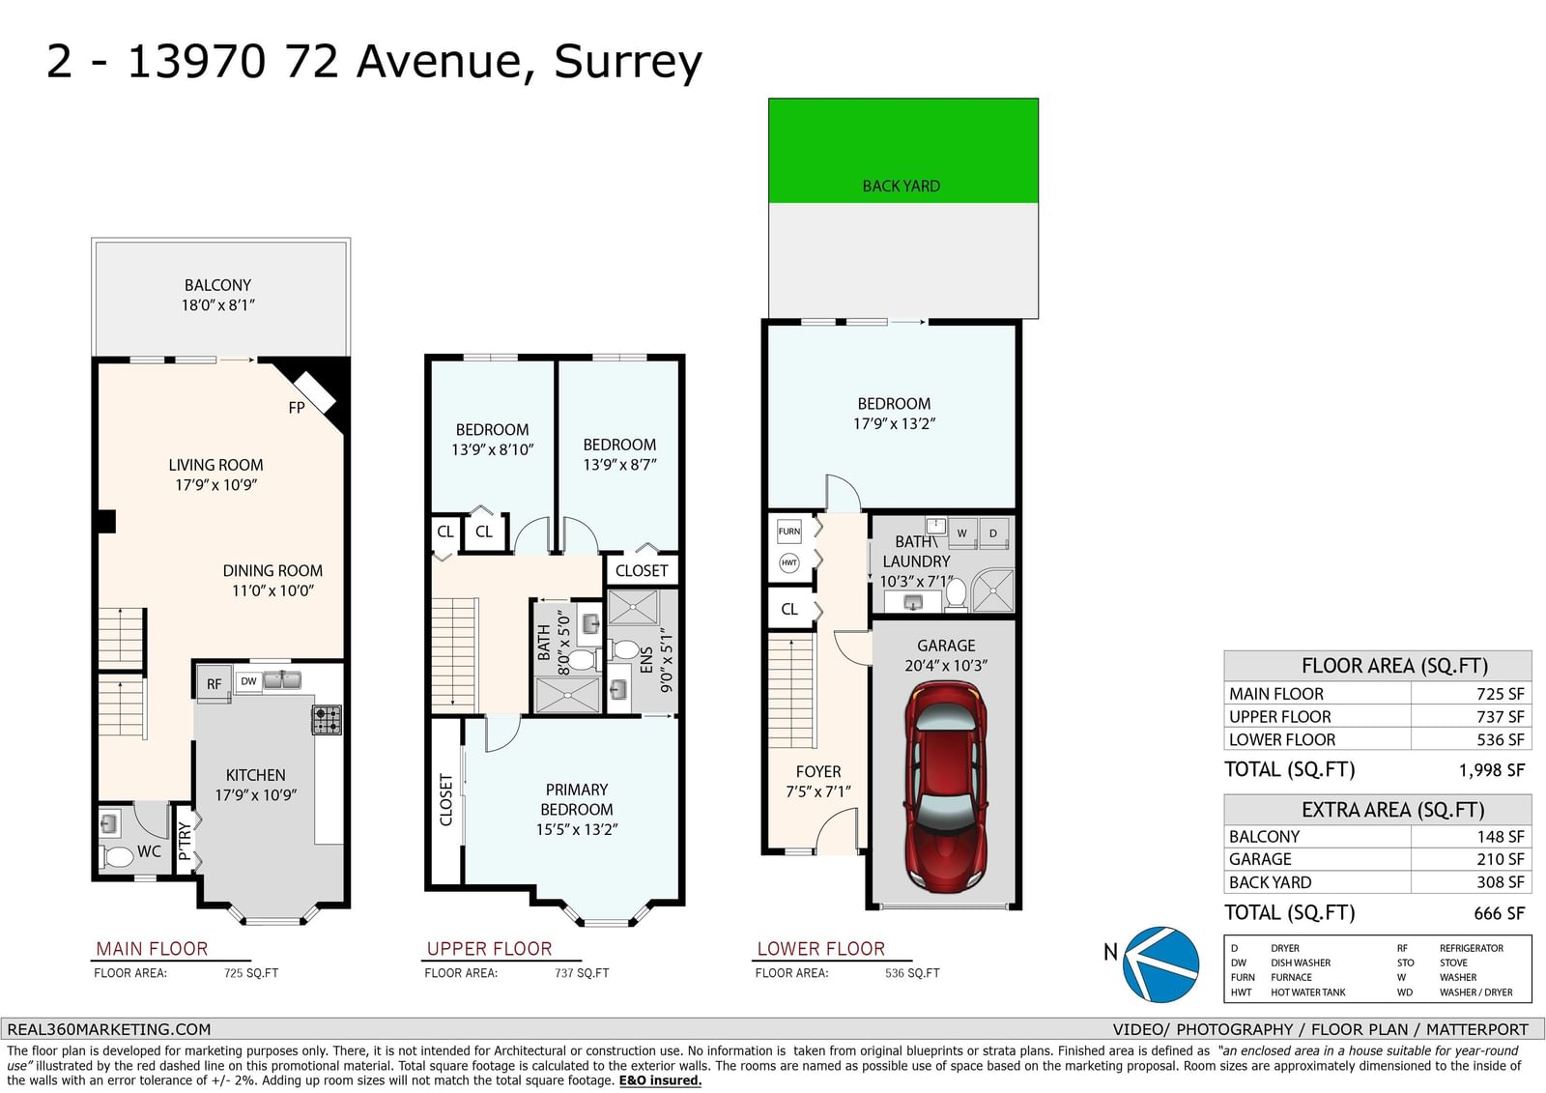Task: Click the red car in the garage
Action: click(x=946, y=787)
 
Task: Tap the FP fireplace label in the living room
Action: click(x=296, y=408)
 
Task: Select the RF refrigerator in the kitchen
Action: click(x=214, y=683)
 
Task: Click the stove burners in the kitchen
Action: click(x=328, y=719)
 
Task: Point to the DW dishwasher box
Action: click(x=248, y=681)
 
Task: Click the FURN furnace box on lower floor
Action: click(x=788, y=532)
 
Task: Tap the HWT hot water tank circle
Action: click(x=788, y=562)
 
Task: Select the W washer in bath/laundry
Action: click(x=962, y=533)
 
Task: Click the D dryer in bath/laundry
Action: click(x=993, y=533)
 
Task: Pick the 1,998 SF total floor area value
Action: click(x=1491, y=770)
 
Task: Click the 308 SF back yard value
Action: click(x=1501, y=882)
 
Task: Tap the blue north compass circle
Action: click(x=1160, y=964)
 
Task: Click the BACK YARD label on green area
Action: click(x=902, y=187)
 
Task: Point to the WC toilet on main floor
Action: click(x=118, y=857)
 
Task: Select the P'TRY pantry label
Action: click(x=184, y=841)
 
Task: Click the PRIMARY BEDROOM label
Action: click(x=577, y=799)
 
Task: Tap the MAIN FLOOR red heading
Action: click(x=152, y=949)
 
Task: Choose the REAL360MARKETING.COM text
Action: click(x=109, y=1029)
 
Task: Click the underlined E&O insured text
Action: click(x=660, y=1080)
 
